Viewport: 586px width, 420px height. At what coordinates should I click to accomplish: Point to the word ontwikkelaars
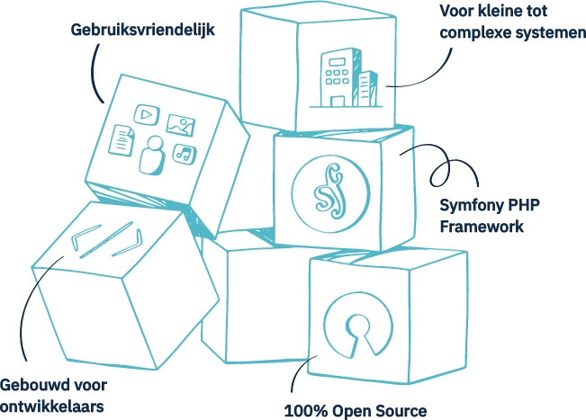pos(53,407)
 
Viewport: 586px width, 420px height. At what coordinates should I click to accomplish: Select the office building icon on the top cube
pos(345,76)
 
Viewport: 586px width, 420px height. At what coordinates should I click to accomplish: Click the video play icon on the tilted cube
pos(144,113)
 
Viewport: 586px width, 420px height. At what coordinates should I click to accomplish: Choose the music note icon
pos(184,153)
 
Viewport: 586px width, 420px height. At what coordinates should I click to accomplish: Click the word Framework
pos(482,228)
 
